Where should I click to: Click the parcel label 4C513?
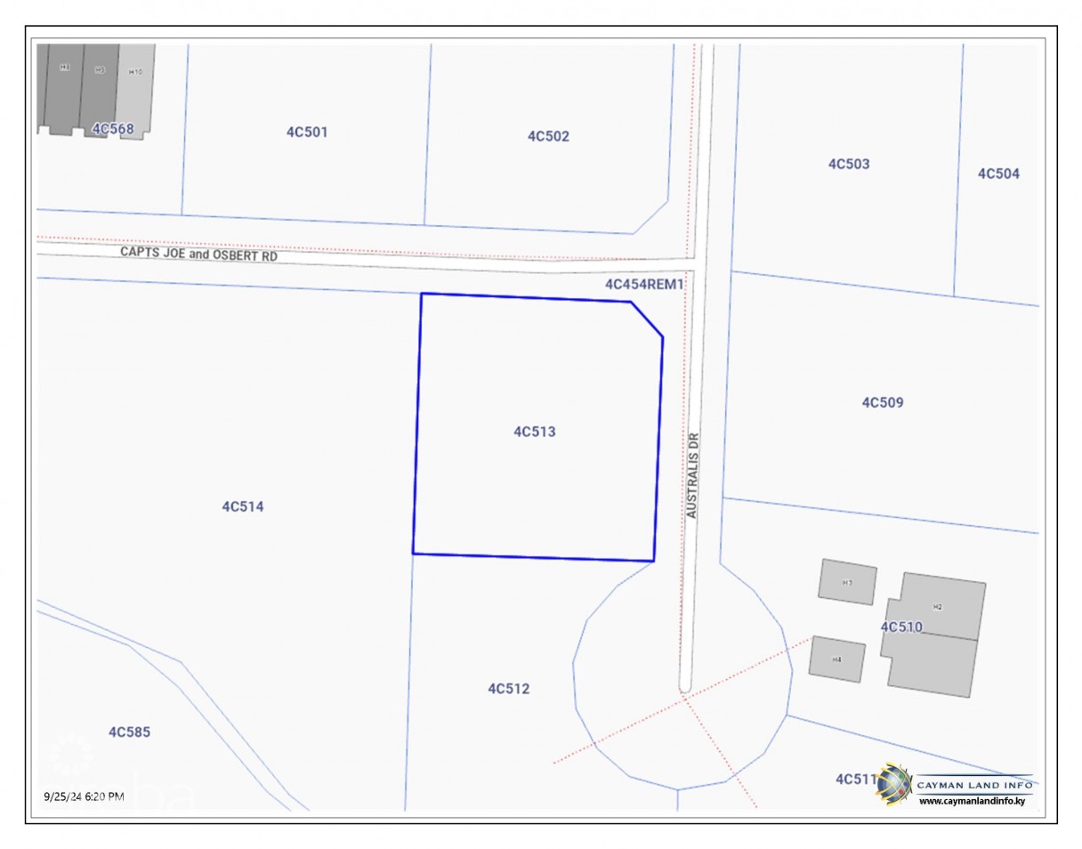pos(535,432)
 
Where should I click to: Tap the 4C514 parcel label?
pos(243,506)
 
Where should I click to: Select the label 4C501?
pos(307,132)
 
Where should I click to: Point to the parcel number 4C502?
pos(548,136)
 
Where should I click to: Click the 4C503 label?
pos(849,164)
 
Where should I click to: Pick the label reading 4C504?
pos(998,174)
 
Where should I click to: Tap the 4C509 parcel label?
pos(882,402)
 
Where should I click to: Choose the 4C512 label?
pos(509,688)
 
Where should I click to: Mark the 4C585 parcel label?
pos(129,732)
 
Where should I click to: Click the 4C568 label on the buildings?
pos(113,129)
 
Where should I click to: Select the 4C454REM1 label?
pos(644,284)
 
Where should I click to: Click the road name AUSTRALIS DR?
pos(693,475)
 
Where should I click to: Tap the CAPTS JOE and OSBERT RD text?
pos(199,255)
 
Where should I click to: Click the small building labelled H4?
pos(836,659)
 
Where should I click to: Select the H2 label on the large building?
pos(937,606)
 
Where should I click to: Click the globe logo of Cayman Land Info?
pos(894,784)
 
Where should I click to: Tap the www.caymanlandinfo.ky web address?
pos(972,801)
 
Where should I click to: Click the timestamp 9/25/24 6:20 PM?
pos(84,796)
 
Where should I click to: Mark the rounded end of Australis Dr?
pos(684,686)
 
